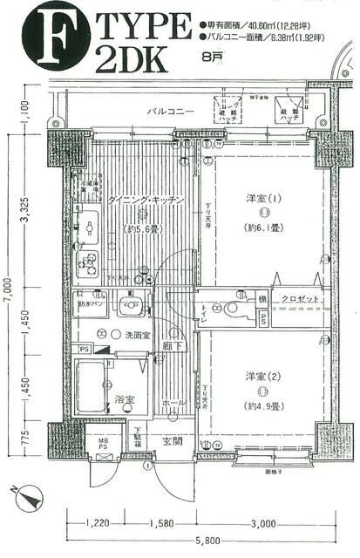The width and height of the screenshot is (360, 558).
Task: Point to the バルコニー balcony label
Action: [x=170, y=112]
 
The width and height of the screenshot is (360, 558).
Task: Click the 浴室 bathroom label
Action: [x=124, y=398]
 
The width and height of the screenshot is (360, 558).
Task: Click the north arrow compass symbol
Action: [x=30, y=499]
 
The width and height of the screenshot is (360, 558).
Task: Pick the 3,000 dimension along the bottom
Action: [x=262, y=524]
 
